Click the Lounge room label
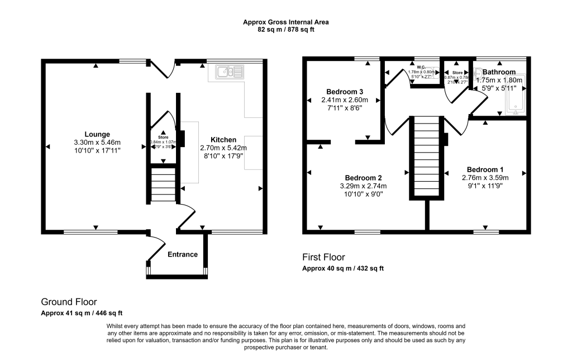point(97,134)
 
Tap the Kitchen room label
point(223,140)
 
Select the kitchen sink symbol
point(230,71)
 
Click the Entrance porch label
point(183,254)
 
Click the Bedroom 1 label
point(485,170)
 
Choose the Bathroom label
point(499,72)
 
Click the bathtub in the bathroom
point(514,100)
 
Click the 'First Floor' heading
point(323,257)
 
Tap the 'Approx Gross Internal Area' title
point(285,22)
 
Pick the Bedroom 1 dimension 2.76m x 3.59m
point(485,178)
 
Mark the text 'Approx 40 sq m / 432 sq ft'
point(343,268)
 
